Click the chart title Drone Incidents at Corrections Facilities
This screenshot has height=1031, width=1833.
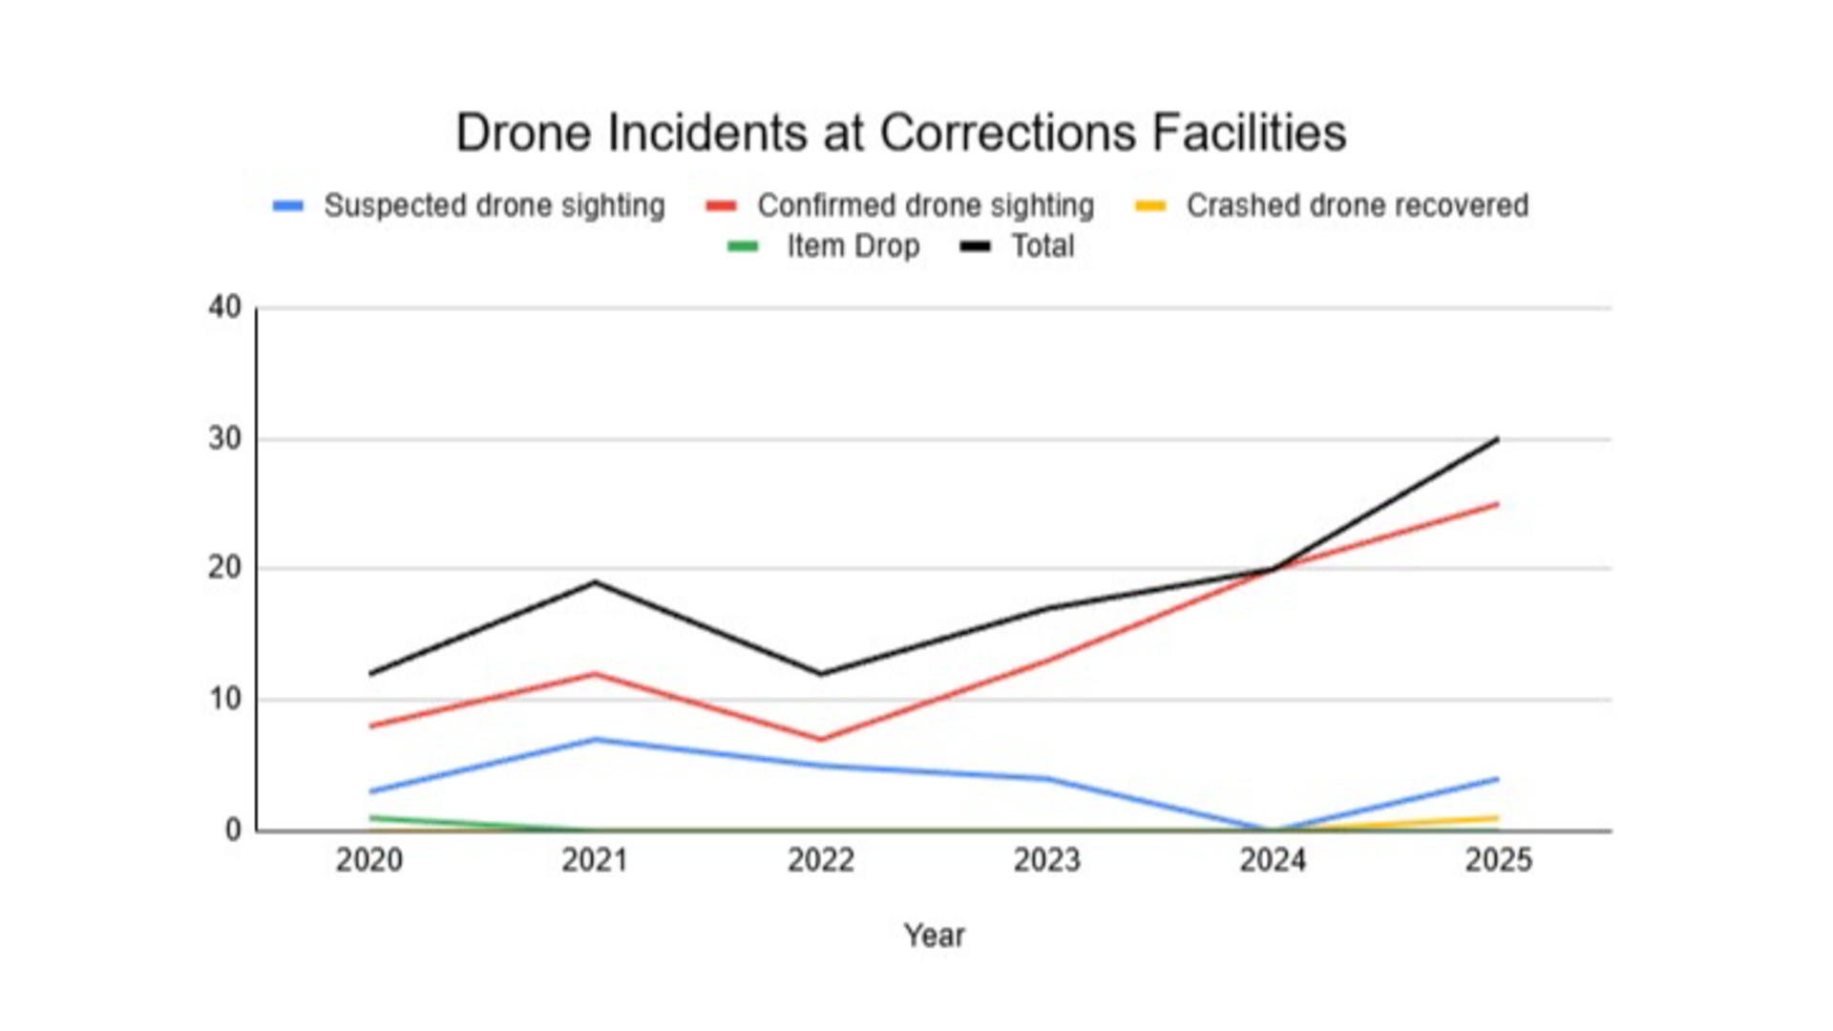point(900,133)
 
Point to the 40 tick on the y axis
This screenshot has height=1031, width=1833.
point(225,307)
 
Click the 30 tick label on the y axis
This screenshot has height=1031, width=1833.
point(225,439)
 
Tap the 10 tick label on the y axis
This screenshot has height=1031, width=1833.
point(225,699)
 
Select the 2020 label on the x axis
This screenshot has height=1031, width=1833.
point(369,860)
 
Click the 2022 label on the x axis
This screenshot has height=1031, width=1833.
point(821,860)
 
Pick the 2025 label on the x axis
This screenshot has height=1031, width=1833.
point(1498,860)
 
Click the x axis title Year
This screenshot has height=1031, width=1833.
point(934,936)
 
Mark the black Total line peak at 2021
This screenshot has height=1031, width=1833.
point(595,581)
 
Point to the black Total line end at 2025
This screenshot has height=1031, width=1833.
point(1498,439)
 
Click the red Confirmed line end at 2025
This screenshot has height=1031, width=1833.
point(1498,504)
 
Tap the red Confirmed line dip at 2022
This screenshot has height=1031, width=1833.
point(821,739)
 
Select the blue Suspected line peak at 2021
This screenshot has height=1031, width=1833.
point(595,739)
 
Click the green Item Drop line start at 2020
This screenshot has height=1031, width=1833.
point(370,818)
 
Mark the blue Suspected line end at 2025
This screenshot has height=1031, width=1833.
point(1498,779)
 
